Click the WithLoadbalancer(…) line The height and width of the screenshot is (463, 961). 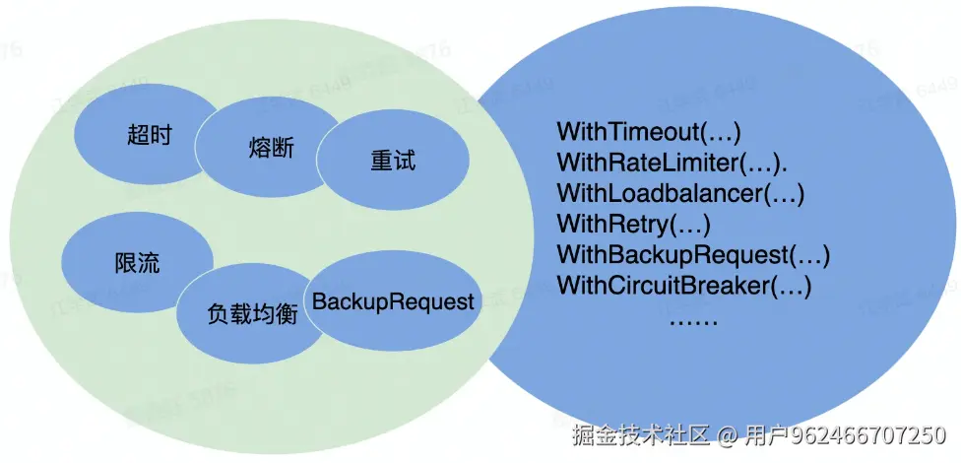[x=680, y=193]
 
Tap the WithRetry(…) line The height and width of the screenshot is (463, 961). [x=633, y=224]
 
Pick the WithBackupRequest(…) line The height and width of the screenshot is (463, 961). [x=693, y=255]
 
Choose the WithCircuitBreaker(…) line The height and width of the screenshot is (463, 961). [x=683, y=287]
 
